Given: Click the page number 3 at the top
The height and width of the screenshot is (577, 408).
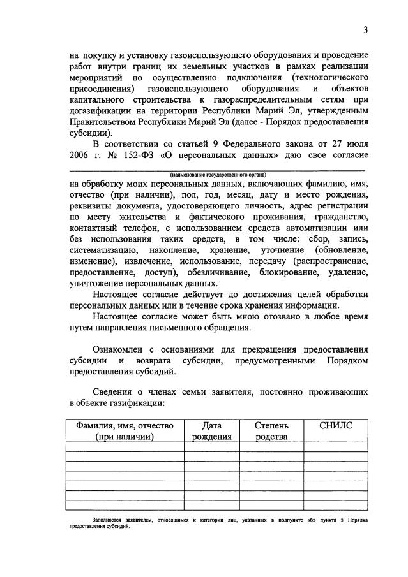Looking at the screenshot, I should tap(365, 30).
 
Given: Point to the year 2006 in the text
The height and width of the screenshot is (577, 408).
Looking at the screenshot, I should tap(80, 157).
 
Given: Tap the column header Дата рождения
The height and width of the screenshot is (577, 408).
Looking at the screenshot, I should tap(211, 430).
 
